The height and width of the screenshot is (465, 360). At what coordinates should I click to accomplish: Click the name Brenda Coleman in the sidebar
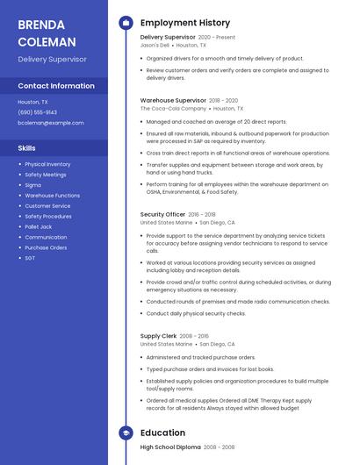47,32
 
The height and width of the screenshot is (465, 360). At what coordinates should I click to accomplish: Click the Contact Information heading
56,86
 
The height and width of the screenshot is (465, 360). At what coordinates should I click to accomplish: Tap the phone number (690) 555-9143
37,112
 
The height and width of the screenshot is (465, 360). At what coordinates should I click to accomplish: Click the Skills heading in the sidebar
27,148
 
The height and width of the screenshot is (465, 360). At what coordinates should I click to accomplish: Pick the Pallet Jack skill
39,226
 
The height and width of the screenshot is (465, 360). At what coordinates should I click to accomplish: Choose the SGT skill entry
30,258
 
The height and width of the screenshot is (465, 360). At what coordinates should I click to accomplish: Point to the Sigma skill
32,185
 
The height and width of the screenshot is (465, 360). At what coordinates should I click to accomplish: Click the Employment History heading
185,23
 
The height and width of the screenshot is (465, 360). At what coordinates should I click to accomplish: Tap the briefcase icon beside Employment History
125,23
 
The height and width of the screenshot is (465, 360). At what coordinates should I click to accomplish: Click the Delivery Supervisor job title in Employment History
168,38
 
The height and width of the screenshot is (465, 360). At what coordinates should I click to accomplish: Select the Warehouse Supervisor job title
173,101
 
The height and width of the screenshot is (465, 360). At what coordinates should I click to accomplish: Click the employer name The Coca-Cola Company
174,109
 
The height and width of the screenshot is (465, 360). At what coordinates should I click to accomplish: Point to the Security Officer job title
163,214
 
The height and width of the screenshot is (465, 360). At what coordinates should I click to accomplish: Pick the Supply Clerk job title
158,336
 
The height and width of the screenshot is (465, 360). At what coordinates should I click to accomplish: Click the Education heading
162,433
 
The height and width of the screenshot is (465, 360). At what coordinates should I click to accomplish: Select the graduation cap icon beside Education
125,433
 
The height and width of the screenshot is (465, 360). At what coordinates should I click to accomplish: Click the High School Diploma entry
170,447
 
